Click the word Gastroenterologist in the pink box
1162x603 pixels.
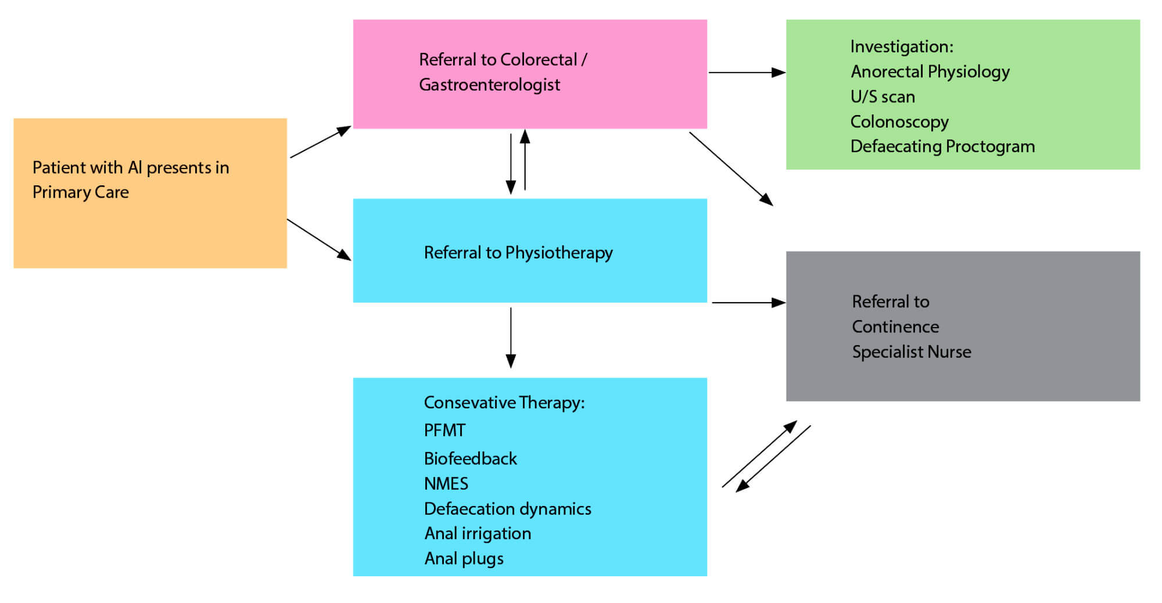point(489,85)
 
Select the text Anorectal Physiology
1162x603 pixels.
point(930,71)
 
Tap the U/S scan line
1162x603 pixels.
point(883,96)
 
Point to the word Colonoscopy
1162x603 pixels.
point(899,121)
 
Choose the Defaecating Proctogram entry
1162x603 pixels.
point(942,146)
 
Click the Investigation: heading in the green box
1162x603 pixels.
point(902,46)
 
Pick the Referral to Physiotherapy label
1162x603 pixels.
point(518,253)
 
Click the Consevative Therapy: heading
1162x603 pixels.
point(504,403)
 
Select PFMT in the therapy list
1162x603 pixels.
point(444,430)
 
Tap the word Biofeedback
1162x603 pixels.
point(470,459)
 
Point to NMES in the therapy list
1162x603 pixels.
point(446,484)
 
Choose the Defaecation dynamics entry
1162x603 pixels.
point(507,509)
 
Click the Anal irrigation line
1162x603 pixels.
point(478,533)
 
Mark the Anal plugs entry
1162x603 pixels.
point(464,558)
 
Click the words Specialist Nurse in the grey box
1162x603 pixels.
point(911,352)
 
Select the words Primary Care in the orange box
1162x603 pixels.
point(80,192)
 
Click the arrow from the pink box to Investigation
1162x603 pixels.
point(747,73)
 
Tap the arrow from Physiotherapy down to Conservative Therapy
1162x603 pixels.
point(511,337)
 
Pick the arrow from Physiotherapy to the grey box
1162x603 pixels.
point(748,303)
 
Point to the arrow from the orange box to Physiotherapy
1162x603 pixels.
point(319,239)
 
